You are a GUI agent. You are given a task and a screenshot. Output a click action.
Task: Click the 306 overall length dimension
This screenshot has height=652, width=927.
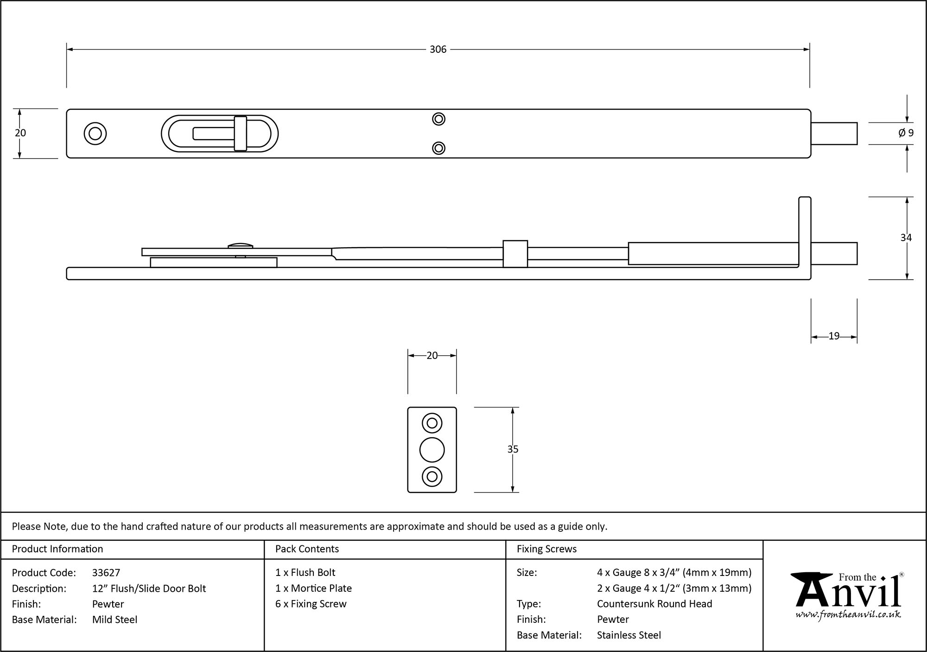438,50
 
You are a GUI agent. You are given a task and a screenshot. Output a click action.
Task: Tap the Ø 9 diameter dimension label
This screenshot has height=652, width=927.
906,133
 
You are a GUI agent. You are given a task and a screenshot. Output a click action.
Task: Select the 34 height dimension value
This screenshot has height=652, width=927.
906,237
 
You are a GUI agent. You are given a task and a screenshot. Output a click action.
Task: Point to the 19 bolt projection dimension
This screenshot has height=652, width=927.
833,336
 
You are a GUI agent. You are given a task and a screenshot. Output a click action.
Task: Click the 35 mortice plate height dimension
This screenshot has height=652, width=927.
513,449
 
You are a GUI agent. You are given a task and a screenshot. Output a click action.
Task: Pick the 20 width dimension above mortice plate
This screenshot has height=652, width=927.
432,356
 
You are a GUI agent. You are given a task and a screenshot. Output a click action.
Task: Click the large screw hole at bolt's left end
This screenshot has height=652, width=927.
95,134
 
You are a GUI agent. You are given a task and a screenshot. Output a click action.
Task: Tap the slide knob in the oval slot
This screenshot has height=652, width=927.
240,134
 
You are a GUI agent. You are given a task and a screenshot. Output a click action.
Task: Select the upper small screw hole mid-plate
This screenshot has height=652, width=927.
438,119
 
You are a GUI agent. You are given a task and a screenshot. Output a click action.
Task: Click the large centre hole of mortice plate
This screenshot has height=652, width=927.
432,449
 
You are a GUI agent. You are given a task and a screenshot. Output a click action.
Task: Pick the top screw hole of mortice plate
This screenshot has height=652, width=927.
432,423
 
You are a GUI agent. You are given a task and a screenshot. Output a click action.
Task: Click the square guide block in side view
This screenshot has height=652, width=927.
515,254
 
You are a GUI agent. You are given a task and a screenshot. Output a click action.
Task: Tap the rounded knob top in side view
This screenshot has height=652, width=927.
240,244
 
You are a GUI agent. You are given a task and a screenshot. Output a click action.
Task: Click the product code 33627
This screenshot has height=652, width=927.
106,573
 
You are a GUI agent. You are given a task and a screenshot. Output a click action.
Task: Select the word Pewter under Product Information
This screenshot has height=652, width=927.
108,604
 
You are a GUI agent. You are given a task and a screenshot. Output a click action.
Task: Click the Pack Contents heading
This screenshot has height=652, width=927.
307,549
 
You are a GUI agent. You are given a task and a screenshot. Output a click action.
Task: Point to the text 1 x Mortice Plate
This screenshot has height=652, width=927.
313,588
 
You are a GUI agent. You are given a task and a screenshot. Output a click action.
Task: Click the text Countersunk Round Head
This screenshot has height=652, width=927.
654,604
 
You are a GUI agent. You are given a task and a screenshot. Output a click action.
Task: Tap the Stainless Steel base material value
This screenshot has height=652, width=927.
629,635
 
